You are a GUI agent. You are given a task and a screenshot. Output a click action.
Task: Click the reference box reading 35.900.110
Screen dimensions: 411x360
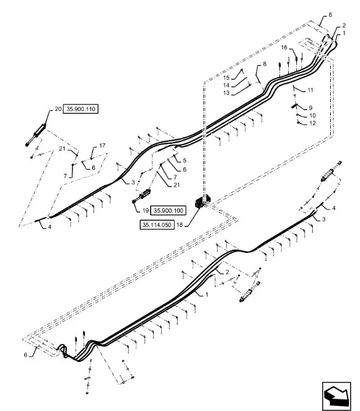pos(81,108)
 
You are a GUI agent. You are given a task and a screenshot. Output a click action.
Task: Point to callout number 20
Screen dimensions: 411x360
pos(58,108)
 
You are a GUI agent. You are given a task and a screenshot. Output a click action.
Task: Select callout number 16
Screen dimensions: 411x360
pos(284,48)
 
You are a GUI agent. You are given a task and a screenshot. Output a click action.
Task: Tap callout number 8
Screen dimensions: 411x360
pos(265,64)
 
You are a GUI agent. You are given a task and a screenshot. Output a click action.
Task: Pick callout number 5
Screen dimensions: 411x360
pos(185,161)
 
